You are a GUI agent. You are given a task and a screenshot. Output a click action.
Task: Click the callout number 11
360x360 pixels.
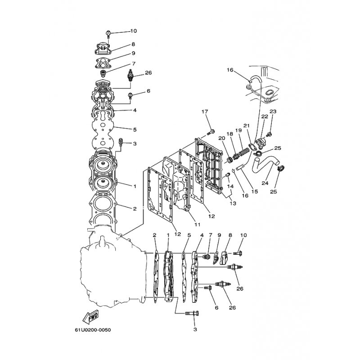coord(198,225)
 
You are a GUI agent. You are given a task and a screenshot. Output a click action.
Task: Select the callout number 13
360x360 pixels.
coord(233,203)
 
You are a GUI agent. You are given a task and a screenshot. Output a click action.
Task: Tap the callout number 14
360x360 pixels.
coord(230,186)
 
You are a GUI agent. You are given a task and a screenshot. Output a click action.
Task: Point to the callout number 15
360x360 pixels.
coord(255,191)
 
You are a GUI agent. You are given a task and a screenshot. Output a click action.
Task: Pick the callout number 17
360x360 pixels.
coord(205,112)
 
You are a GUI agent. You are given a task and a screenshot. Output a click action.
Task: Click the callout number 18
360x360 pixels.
coord(229,134)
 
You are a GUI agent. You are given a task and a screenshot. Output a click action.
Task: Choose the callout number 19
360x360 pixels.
coord(238,130)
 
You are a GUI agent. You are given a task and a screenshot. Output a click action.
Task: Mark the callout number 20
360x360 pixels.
coord(222,138)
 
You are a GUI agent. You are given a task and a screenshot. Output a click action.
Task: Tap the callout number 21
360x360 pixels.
coord(246,126)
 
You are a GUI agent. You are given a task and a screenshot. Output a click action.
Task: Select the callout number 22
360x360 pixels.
coord(265,117)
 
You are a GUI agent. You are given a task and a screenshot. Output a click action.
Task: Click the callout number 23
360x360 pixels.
coord(273,111)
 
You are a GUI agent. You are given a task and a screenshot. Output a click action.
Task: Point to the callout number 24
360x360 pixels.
coord(265,183)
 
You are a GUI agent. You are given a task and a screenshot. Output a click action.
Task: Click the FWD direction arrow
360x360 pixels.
coord(90,317)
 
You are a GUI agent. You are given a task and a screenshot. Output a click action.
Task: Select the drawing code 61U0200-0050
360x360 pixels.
coord(93,330)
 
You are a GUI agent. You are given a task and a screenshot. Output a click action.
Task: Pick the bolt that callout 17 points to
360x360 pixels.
coord(211,132)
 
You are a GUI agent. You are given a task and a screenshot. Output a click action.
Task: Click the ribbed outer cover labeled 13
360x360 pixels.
coord(209,166)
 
